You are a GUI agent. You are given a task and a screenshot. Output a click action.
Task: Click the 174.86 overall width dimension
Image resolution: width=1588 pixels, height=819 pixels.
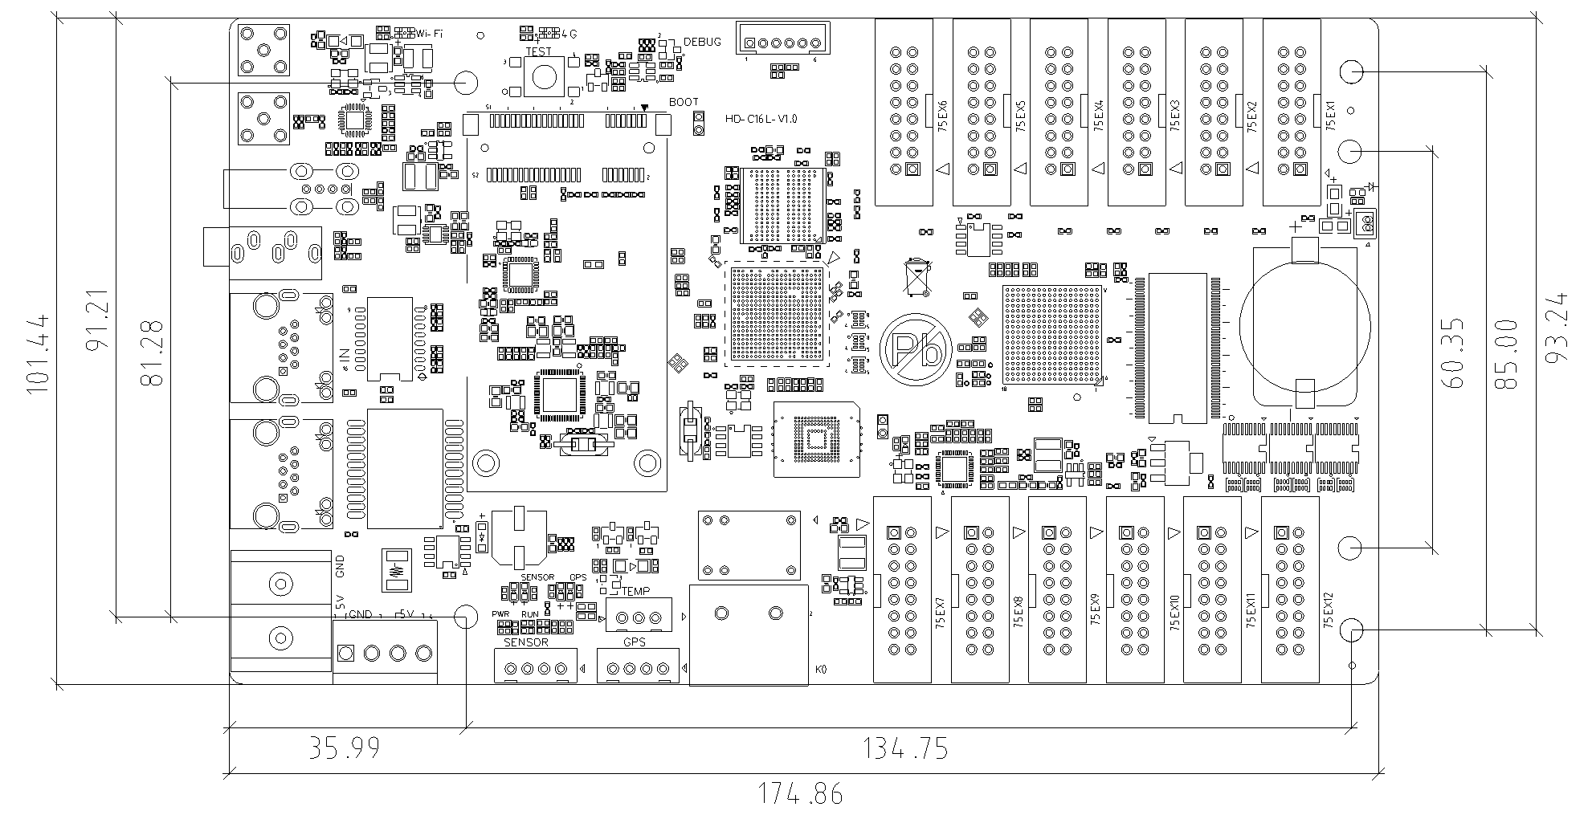[x=801, y=794]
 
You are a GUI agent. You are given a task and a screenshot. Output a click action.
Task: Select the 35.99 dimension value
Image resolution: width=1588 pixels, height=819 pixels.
[x=345, y=748]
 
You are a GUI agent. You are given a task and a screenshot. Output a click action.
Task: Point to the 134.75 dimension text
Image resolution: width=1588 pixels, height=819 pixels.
[x=905, y=749]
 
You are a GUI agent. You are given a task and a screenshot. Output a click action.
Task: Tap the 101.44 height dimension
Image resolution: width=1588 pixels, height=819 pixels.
[x=39, y=352]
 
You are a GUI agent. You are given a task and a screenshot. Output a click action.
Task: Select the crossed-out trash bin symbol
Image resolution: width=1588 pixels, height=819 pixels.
[x=916, y=276]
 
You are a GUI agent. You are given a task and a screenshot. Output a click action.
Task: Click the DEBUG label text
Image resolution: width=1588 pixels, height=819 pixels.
[x=702, y=42]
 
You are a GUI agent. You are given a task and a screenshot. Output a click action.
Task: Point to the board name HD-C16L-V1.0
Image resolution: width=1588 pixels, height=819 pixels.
[x=761, y=119]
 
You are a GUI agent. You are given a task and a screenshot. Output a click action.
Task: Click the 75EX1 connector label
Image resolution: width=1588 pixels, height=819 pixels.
[x=1330, y=116]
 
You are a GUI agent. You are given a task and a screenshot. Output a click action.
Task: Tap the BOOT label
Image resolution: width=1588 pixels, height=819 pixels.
[x=684, y=102]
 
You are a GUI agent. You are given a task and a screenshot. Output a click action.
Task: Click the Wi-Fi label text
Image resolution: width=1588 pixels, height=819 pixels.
[x=429, y=33]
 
